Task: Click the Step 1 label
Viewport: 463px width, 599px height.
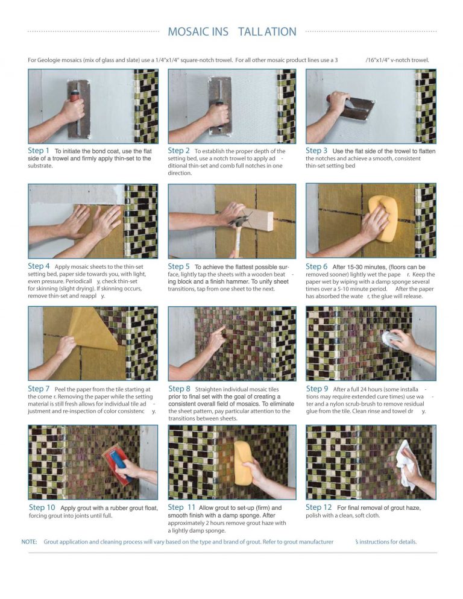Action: coord(39,151)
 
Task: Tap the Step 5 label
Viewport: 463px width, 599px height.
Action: coord(178,266)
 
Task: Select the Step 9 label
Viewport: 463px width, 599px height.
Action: coord(317,389)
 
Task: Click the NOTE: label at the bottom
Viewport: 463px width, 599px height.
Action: coord(30,542)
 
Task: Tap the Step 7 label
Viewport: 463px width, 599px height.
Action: coord(39,389)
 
